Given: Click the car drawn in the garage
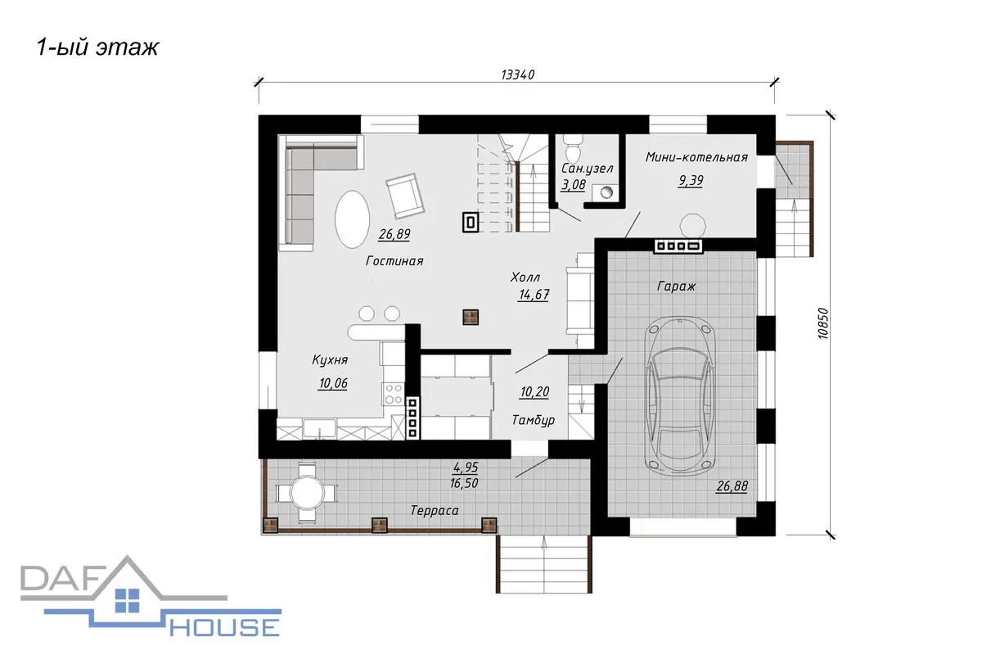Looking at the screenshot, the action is [680, 395].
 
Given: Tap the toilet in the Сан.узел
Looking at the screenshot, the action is [573, 150].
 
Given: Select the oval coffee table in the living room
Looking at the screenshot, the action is [352, 219].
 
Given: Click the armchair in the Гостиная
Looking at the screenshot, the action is [405, 196].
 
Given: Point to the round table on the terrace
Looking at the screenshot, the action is [307, 492].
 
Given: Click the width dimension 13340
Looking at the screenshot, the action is [518, 75].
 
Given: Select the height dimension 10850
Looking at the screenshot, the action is [823, 323].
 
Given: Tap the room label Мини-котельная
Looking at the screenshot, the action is [696, 157].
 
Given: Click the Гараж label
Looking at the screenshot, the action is [676, 287].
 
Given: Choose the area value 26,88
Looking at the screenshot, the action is [732, 486].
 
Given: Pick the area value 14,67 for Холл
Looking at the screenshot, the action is [534, 295].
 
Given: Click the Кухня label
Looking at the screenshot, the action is [330, 360].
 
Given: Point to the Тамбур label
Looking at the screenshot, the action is [533, 420].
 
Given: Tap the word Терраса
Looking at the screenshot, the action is [435, 510].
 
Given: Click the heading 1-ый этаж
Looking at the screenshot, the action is [97, 47].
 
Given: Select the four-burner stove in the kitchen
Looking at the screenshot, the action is [394, 394].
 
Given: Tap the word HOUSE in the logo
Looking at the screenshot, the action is [224, 627].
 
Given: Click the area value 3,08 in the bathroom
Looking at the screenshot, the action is [573, 185].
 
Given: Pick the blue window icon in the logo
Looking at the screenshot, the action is [127, 600].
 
